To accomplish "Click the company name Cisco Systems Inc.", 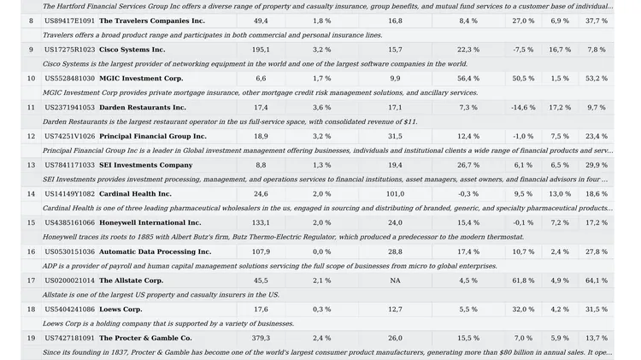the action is click(x=132, y=50).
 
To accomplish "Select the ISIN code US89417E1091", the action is click(x=69, y=21).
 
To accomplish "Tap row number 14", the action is click(x=31, y=194).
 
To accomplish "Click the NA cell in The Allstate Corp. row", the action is click(x=395, y=280).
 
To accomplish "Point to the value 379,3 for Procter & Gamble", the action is click(x=261, y=339).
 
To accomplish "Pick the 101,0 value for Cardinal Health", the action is click(x=395, y=194).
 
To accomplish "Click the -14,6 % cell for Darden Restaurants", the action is click(x=523, y=108).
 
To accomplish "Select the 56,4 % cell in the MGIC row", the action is click(x=468, y=79).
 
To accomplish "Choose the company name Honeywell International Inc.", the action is click(x=150, y=223).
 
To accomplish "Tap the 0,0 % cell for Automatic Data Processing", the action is click(x=321, y=252).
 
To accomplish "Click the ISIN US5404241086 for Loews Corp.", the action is click(x=69, y=310).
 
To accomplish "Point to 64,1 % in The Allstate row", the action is click(x=597, y=280).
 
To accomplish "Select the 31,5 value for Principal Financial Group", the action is click(x=395, y=136).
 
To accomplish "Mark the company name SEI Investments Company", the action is click(x=145, y=165).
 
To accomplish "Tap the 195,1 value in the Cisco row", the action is click(x=261, y=50).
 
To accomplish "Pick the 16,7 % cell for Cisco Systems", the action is click(x=560, y=50).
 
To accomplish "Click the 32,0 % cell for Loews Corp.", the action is click(x=523, y=310).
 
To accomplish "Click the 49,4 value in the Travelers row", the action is click(x=261, y=21).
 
